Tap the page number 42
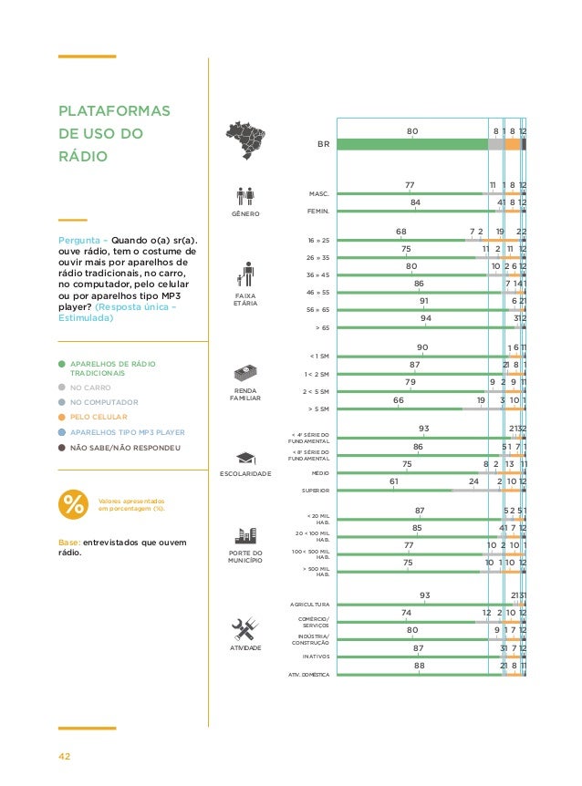click(65, 756)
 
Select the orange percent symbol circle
click(71, 504)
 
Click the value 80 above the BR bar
click(412, 131)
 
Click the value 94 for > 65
click(425, 318)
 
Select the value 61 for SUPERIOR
click(394, 481)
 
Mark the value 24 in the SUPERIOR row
click(473, 481)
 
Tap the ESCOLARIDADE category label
click(244, 475)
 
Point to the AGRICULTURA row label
click(310, 605)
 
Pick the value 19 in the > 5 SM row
click(480, 399)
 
